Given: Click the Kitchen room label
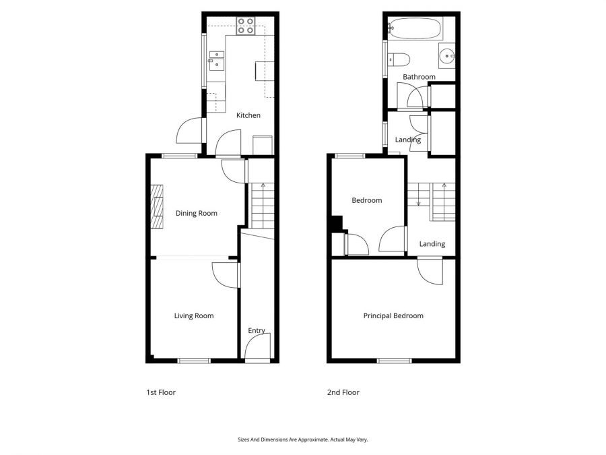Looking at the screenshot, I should tap(248, 115).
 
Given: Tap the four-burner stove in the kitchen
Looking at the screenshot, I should tap(246, 26).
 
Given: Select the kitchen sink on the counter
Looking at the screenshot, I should tap(216, 61).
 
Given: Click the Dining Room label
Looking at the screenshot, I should tap(196, 214).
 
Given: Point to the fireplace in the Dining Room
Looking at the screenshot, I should tap(156, 208).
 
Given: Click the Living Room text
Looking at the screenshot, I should tap(194, 315).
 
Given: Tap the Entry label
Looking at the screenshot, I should tap(257, 330).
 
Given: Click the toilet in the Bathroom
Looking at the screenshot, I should tap(395, 59).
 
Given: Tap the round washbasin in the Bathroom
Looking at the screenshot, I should tap(446, 56).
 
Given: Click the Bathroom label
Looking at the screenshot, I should tap(419, 77).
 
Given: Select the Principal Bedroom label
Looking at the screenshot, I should tap(393, 315).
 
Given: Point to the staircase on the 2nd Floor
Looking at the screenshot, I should tap(432, 201).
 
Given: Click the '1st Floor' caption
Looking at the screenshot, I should tap(161, 392).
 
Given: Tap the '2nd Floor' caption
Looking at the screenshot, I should tap(343, 392).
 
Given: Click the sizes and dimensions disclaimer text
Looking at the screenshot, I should tap(302, 439).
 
